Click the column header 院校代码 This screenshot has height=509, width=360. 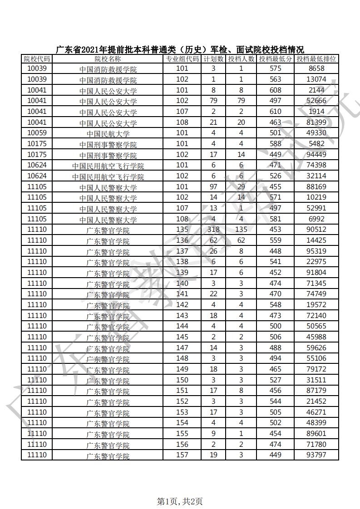[x=37, y=59]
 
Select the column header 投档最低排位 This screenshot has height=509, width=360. [x=316, y=59]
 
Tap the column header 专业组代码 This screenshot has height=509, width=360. [x=182, y=59]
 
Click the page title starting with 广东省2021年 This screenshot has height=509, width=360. [x=179, y=49]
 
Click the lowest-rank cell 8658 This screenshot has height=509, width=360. [x=316, y=69]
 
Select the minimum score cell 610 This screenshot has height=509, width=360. [x=276, y=112]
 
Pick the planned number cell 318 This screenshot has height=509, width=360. [x=213, y=230]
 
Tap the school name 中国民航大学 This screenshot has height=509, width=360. [x=108, y=134]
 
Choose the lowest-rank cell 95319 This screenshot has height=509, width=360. [x=316, y=251]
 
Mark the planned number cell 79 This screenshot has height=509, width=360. [x=213, y=101]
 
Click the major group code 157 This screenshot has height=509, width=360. [x=182, y=455]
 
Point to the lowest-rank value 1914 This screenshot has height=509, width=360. [x=316, y=112]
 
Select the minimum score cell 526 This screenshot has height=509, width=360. [x=276, y=176]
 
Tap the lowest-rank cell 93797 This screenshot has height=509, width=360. [x=316, y=455]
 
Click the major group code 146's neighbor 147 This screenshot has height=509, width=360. [x=182, y=347]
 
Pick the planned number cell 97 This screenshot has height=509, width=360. [x=213, y=187]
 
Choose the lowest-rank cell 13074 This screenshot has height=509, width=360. [x=316, y=79]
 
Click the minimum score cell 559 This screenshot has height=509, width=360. [x=276, y=240]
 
